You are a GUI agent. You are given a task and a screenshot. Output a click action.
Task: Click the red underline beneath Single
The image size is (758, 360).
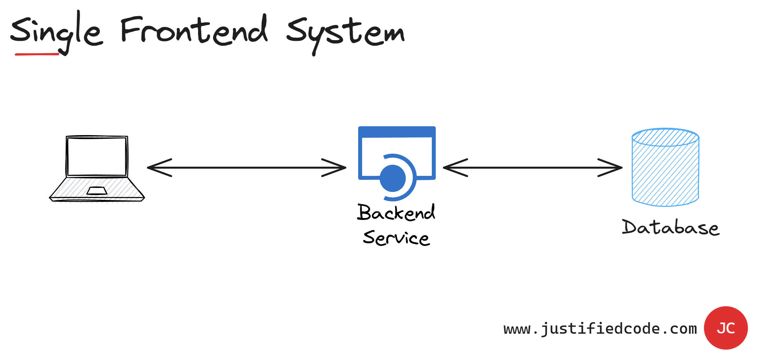pos(37,54)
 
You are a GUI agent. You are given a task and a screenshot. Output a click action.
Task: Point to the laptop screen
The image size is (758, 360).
pos(97,157)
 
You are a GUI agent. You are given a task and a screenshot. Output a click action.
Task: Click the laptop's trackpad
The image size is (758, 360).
pos(97,191)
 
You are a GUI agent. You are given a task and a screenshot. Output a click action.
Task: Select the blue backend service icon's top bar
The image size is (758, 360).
pos(397,132)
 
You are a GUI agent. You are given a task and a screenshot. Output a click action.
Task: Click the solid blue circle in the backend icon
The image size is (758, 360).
pos(393,178)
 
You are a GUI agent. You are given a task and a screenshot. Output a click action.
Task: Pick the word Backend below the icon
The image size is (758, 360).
pos(396,213)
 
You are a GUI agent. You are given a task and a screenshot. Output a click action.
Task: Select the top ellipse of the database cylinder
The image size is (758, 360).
pos(665,137)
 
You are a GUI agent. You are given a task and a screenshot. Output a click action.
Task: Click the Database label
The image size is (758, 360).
pos(671,228)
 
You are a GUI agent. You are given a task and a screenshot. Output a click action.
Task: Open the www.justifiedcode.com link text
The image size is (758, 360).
pos(600,329)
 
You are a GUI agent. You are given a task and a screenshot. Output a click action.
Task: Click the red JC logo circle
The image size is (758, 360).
pos(726,328)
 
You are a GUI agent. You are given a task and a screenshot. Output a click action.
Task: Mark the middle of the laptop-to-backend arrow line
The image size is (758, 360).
pos(247,168)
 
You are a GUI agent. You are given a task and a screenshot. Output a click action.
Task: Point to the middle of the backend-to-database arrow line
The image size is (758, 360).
pos(533,168)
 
